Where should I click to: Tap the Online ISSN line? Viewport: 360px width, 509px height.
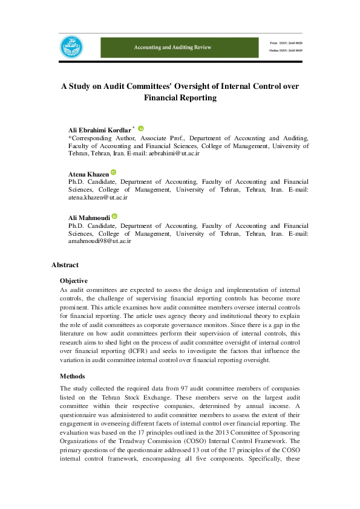(286, 50)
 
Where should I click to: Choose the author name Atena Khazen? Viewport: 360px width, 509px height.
(88, 174)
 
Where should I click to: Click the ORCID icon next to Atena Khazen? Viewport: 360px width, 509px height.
(113, 173)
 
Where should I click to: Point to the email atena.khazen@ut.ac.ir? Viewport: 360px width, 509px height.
(98, 198)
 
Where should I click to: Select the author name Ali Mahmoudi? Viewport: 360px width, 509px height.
(89, 218)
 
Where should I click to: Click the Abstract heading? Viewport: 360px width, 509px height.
(65, 265)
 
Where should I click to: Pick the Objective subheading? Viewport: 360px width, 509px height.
(74, 280)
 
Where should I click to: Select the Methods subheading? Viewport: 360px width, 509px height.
(73, 376)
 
